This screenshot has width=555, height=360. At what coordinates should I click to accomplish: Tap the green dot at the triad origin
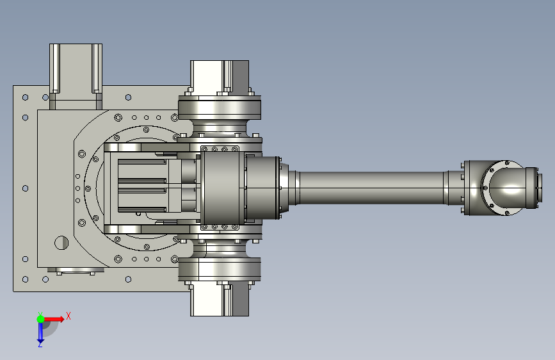pyautogui.click(x=40, y=319)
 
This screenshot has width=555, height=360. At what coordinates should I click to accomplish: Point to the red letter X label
pyautogui.click(x=68, y=316)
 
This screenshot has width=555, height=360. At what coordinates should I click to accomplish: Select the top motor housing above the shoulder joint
pyautogui.click(x=220, y=78)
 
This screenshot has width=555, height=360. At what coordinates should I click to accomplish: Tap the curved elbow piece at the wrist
pyautogui.click(x=506, y=188)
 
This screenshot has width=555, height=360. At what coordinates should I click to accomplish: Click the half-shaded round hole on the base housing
pyautogui.click(x=61, y=243)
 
